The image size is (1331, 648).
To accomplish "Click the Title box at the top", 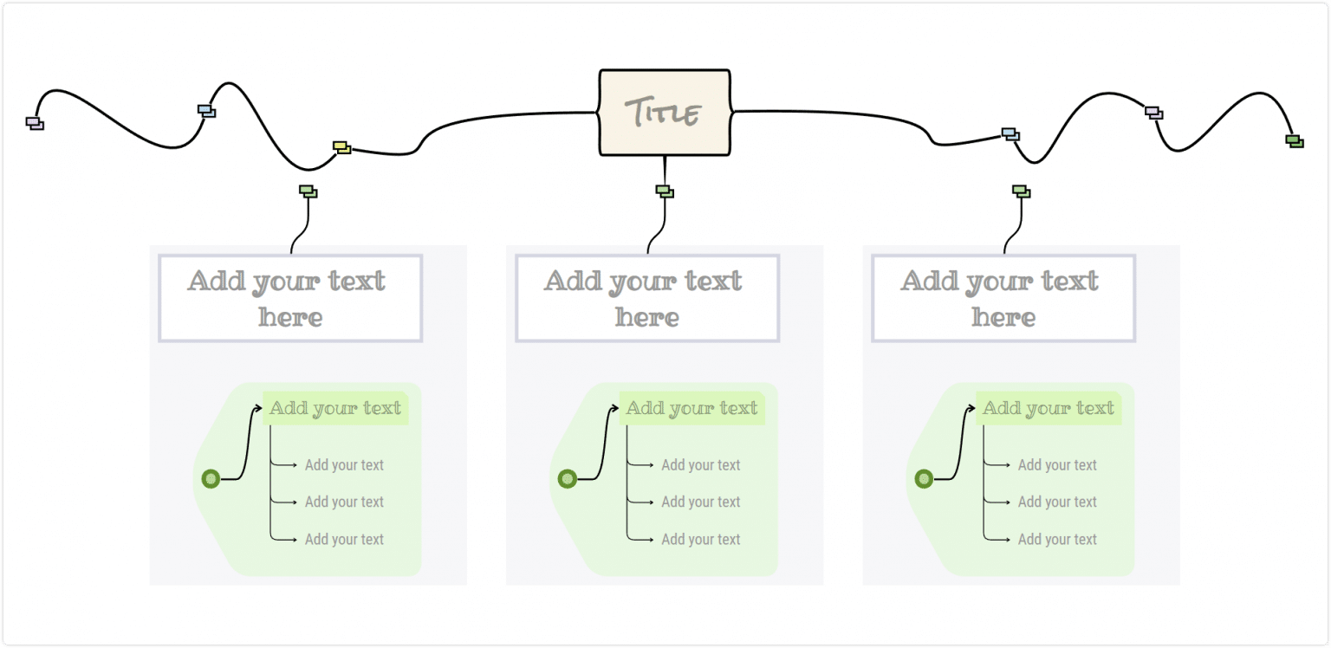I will click(665, 113).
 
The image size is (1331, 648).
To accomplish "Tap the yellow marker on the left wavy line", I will click(342, 147).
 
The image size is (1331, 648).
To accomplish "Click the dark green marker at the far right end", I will click(1295, 140).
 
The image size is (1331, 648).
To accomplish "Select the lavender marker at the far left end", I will click(35, 123).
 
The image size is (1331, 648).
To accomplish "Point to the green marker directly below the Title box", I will click(665, 191).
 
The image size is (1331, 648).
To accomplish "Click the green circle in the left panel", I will click(211, 478).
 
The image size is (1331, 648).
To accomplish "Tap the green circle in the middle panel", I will click(568, 478).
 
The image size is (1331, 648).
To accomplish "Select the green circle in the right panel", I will click(924, 478).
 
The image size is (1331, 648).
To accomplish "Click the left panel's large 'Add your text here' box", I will click(290, 298).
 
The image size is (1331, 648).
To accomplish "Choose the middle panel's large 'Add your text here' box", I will click(647, 298).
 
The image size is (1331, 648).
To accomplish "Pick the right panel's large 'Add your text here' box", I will click(1003, 298).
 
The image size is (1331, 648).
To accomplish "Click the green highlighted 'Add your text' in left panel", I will click(335, 408).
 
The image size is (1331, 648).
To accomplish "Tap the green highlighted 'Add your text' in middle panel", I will click(691, 408).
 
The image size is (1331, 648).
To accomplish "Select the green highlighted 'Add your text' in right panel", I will click(1049, 408).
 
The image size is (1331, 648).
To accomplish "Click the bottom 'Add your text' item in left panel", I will click(344, 539).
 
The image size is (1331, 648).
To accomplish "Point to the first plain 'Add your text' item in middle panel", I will click(700, 465).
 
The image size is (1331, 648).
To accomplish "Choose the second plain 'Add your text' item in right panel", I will click(1057, 502).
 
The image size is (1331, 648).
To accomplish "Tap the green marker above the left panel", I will click(308, 191).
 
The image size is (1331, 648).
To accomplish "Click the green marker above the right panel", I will click(1021, 191).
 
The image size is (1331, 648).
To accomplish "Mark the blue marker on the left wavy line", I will click(206, 111).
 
